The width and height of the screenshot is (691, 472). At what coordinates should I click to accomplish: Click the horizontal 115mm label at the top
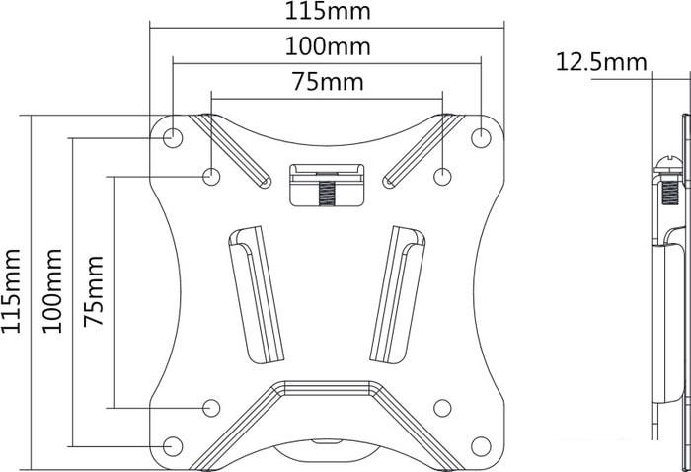coord(328,11)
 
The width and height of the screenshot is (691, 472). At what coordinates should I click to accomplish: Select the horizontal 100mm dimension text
coord(328,46)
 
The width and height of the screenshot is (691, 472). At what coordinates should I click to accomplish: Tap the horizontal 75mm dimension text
coord(329,82)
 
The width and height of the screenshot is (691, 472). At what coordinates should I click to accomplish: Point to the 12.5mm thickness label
coord(601,62)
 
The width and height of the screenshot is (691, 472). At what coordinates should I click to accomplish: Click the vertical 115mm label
coord(11,291)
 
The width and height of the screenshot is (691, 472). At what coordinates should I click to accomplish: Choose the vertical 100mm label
coord(51,291)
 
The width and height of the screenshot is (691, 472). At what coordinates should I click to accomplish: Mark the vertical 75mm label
coord(94,291)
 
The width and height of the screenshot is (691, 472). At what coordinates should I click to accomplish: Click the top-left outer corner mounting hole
coord(173,138)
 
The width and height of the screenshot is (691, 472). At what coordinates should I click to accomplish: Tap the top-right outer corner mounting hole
coord(481,138)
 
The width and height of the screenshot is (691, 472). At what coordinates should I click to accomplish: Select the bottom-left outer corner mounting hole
coord(173,446)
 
